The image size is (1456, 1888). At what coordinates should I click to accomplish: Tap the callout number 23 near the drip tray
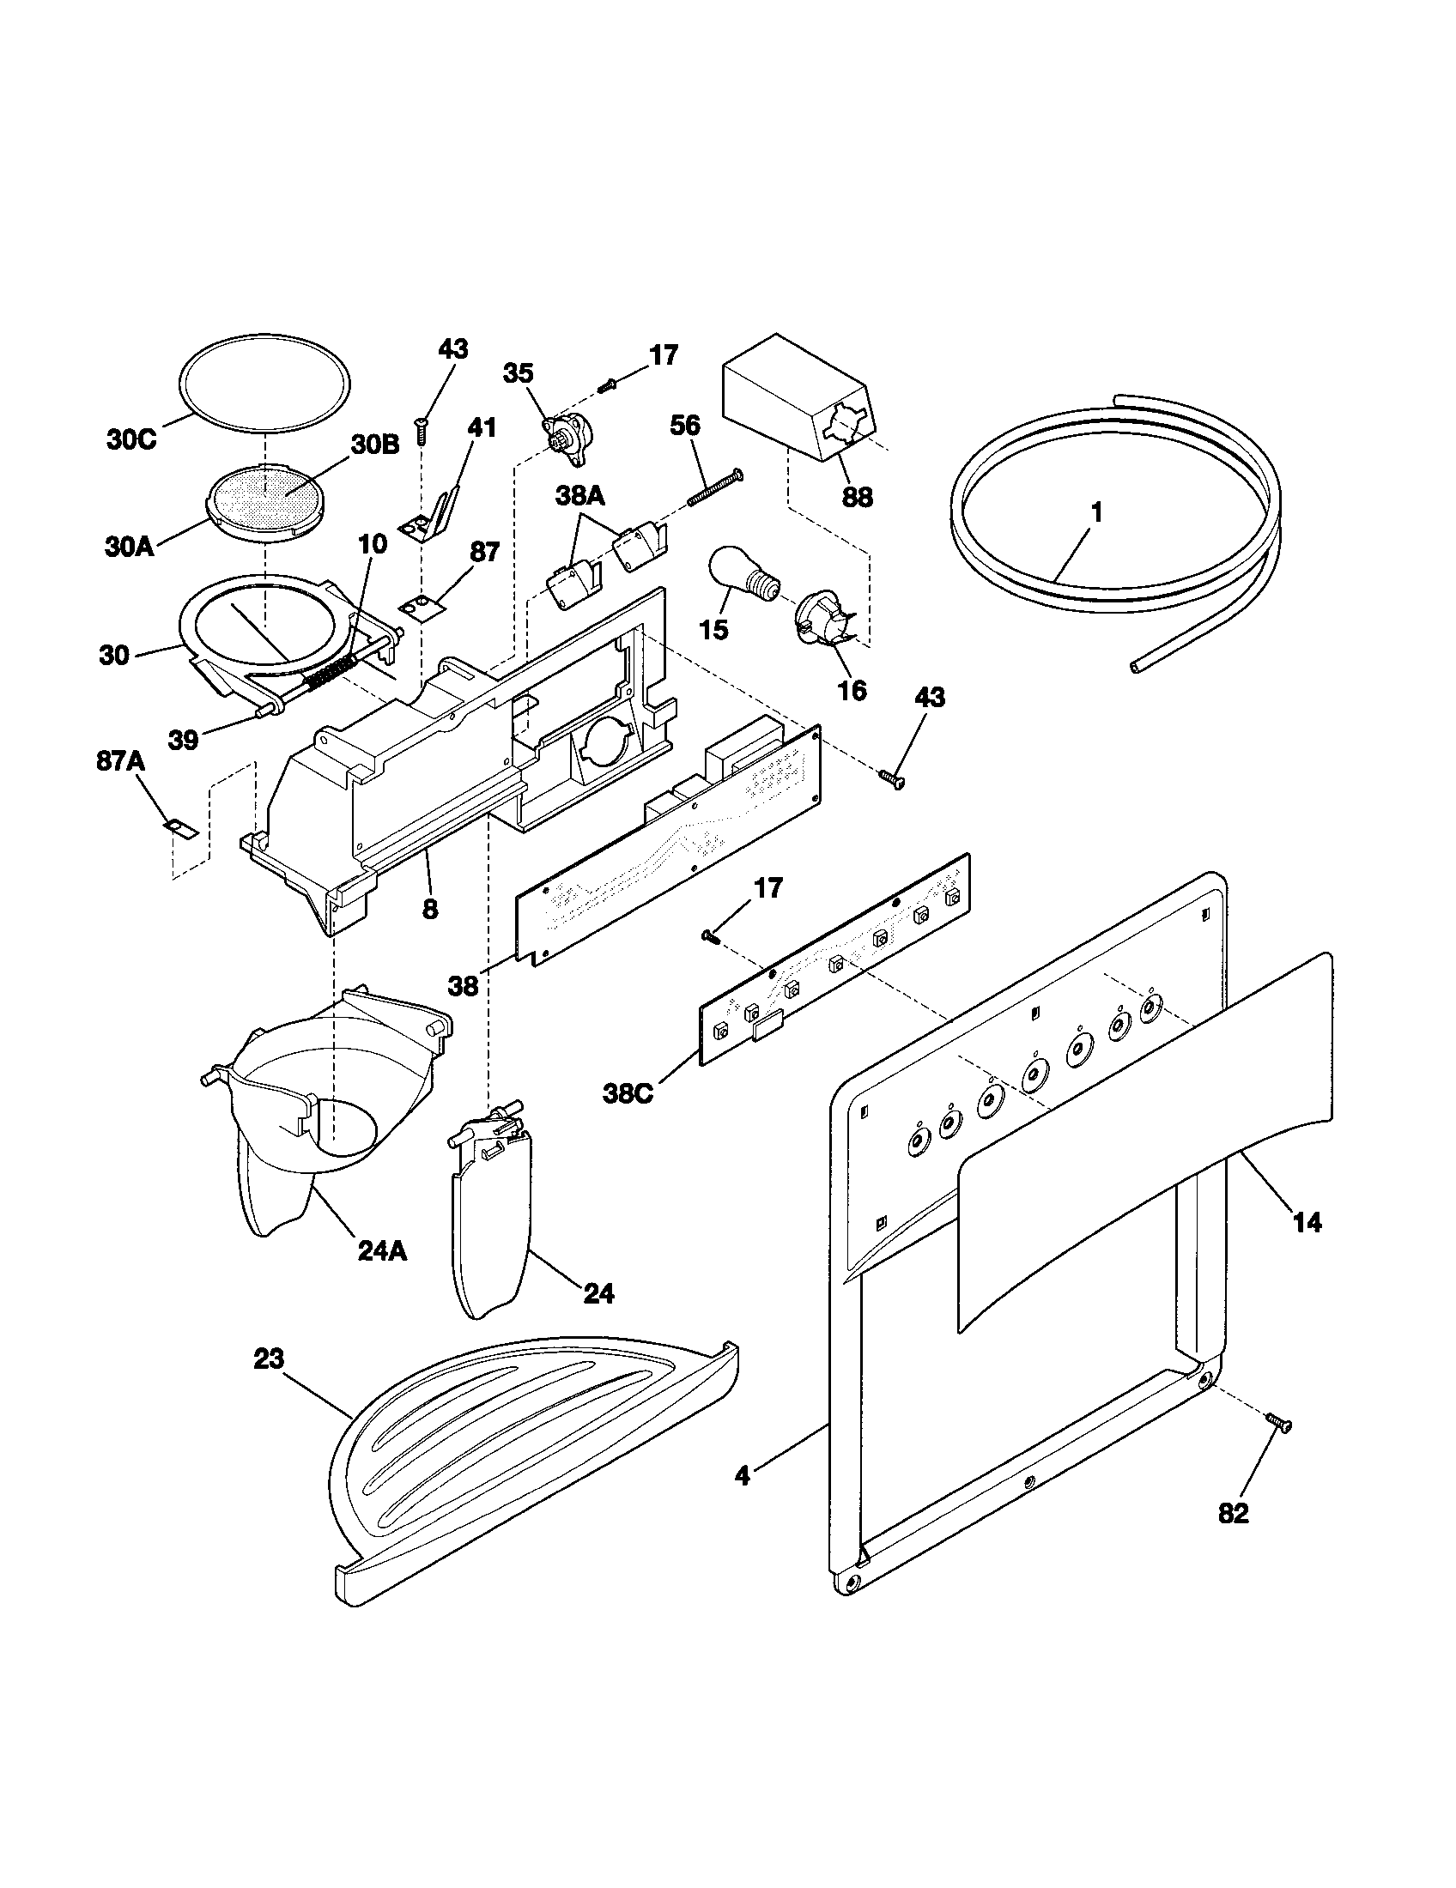[x=268, y=1359]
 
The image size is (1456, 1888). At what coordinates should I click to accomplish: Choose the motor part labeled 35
[x=566, y=432]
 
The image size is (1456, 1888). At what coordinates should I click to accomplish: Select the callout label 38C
[x=628, y=1094]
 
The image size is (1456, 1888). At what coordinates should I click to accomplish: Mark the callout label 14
[x=1307, y=1222]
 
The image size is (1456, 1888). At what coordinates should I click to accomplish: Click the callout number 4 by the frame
[x=742, y=1474]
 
